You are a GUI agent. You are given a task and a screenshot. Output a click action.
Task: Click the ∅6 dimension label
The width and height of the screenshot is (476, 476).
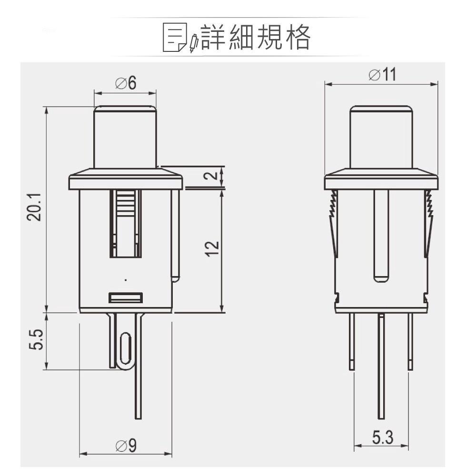[126, 83]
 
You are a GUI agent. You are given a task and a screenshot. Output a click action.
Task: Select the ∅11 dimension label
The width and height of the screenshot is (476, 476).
[382, 75]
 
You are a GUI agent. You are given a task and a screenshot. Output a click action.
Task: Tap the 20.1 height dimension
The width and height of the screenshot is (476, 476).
[35, 208]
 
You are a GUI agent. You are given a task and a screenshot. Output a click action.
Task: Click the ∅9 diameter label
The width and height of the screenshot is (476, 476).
[126, 446]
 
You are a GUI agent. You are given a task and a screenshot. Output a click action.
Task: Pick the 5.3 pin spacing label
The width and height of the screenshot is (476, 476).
[382, 438]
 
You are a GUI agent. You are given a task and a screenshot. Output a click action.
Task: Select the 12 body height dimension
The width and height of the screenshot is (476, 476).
[214, 248]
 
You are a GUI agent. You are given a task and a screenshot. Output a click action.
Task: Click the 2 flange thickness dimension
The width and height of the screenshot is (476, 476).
[214, 176]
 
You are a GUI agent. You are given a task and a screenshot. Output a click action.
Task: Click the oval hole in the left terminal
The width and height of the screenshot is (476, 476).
[125, 350]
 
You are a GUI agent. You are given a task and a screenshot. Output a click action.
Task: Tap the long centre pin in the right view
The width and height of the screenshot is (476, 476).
[381, 367]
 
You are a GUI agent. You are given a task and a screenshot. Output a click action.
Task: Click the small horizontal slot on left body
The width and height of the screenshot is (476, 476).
[126, 297]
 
